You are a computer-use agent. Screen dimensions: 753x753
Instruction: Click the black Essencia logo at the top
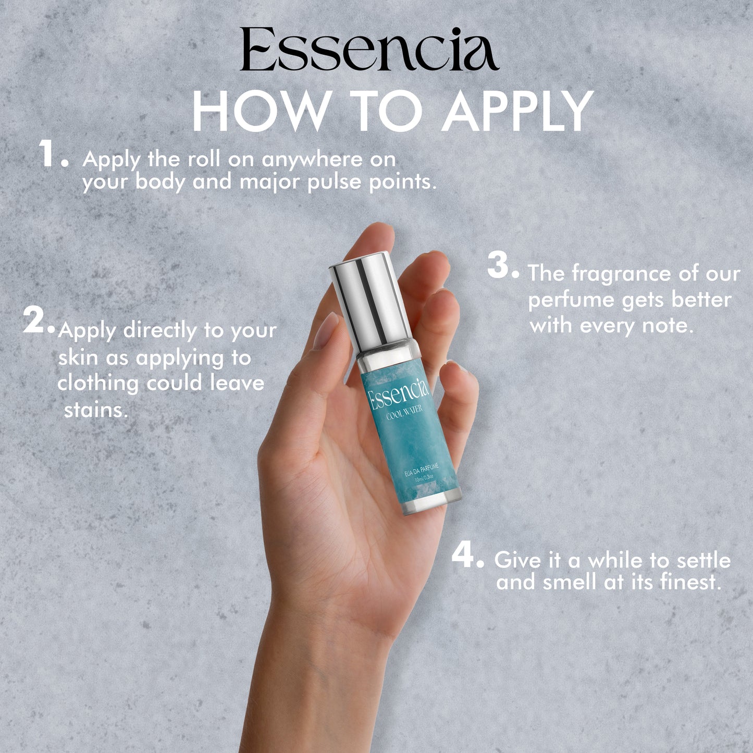369,49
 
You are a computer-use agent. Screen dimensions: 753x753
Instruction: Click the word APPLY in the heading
519,111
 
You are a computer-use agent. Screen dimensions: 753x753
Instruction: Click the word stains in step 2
96,410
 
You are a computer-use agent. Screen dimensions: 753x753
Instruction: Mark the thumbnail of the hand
325,330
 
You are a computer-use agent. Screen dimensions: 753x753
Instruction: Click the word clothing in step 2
98,384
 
